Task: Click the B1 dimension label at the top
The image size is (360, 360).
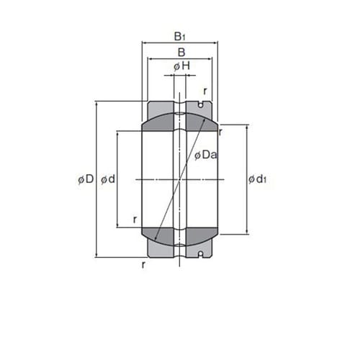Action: pos(180,37)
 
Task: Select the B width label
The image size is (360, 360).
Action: pos(181,53)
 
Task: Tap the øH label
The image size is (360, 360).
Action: pos(182,66)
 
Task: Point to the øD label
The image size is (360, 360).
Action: pos(86,179)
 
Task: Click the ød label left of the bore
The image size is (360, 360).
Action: pos(108,179)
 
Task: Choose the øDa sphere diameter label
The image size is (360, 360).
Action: pos(206,155)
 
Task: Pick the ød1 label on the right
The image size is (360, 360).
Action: pos(257,179)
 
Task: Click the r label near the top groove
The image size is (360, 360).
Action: pos(205,91)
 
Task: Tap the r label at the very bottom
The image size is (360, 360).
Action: pos(143,265)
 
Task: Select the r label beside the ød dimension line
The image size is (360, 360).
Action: pos(135,220)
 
